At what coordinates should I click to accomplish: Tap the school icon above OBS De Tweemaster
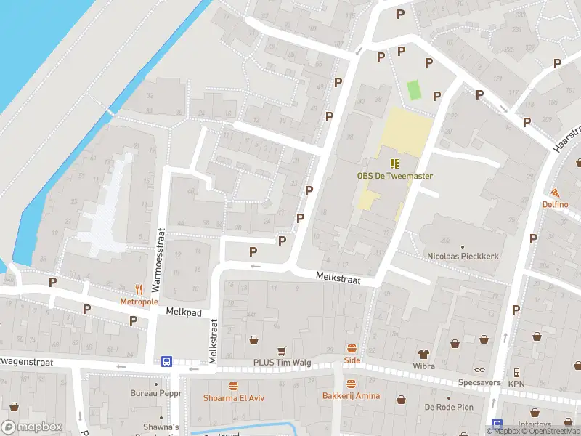pyautogui.click(x=394, y=163)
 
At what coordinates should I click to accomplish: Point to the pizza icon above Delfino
pyautogui.click(x=556, y=193)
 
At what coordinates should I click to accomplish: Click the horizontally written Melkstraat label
pyautogui.click(x=338, y=277)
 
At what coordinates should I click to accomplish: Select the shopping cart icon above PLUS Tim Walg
pyautogui.click(x=282, y=350)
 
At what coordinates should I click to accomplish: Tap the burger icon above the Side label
pyautogui.click(x=352, y=349)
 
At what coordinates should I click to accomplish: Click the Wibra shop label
pyautogui.click(x=423, y=366)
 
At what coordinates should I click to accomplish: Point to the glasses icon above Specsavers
pyautogui.click(x=479, y=370)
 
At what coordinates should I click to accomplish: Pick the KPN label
pyautogui.click(x=516, y=384)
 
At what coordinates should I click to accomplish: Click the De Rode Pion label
pyautogui.click(x=450, y=407)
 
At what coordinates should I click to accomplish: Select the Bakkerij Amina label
pyautogui.click(x=352, y=395)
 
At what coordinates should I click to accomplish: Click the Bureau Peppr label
pyautogui.click(x=155, y=393)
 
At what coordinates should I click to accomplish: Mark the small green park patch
pyautogui.click(x=414, y=91)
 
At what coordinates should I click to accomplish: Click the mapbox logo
pyautogui.click(x=33, y=427)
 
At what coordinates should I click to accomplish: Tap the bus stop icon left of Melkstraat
pyautogui.click(x=166, y=361)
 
